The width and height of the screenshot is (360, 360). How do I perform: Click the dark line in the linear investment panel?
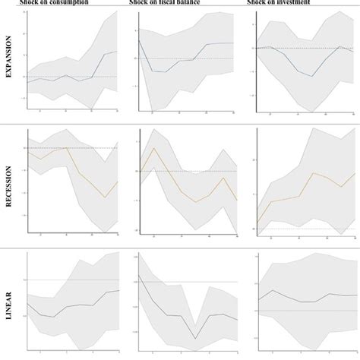click(x=304, y=302)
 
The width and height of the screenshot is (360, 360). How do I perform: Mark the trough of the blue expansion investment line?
click(x=311, y=75)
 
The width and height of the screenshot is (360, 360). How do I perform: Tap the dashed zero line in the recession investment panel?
click(x=304, y=228)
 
